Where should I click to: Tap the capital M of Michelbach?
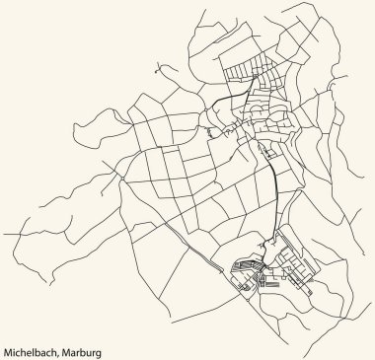point(7,350)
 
